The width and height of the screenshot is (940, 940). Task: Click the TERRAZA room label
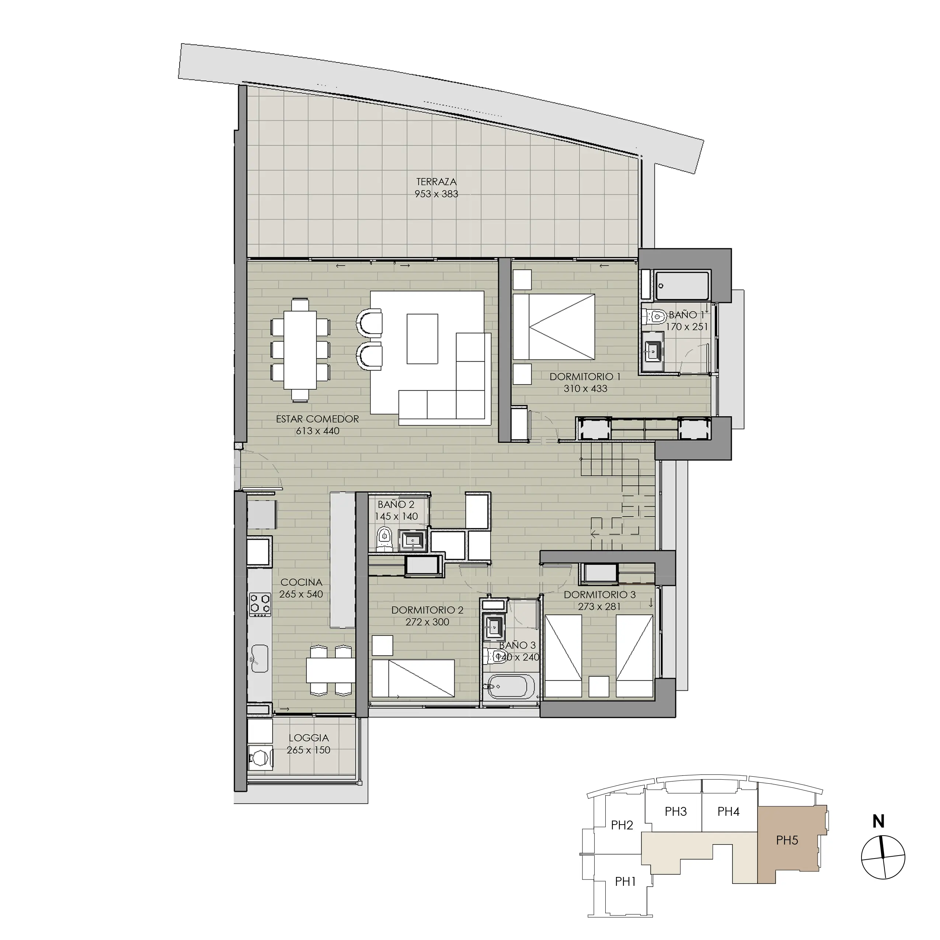(436, 182)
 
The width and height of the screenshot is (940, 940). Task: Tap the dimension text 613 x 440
(317, 431)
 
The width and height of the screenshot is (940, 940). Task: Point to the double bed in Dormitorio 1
(554, 327)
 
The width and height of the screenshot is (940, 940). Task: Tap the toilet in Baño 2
(384, 538)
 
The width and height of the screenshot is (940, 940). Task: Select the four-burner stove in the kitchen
(260, 604)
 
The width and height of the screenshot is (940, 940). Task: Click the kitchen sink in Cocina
(259, 658)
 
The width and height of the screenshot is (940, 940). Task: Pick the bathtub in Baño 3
(511, 686)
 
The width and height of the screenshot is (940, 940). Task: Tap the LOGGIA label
(309, 738)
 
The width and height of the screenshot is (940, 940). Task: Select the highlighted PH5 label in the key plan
(787, 840)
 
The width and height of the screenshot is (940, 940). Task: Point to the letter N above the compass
(878, 822)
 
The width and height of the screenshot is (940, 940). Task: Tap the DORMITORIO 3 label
(599, 595)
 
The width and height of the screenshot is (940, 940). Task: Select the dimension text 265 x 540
(301, 594)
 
